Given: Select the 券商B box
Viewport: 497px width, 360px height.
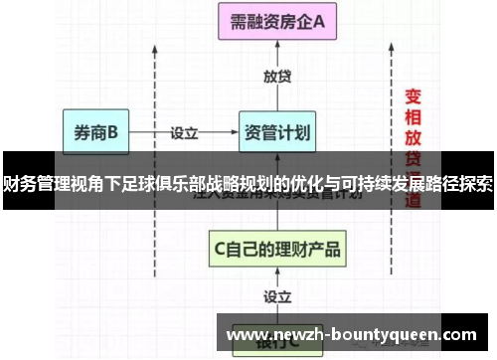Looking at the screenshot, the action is [96, 130].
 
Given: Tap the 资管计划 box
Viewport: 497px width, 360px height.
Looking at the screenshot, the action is [277, 130].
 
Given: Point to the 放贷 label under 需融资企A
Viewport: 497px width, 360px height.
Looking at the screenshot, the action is [277, 76].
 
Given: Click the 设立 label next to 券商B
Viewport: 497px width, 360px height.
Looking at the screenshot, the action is [185, 130].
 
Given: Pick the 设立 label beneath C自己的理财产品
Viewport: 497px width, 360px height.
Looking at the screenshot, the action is [277, 295].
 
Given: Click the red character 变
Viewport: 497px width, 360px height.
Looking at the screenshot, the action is [414, 97].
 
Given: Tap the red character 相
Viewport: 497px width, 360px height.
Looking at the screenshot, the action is [414, 117].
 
